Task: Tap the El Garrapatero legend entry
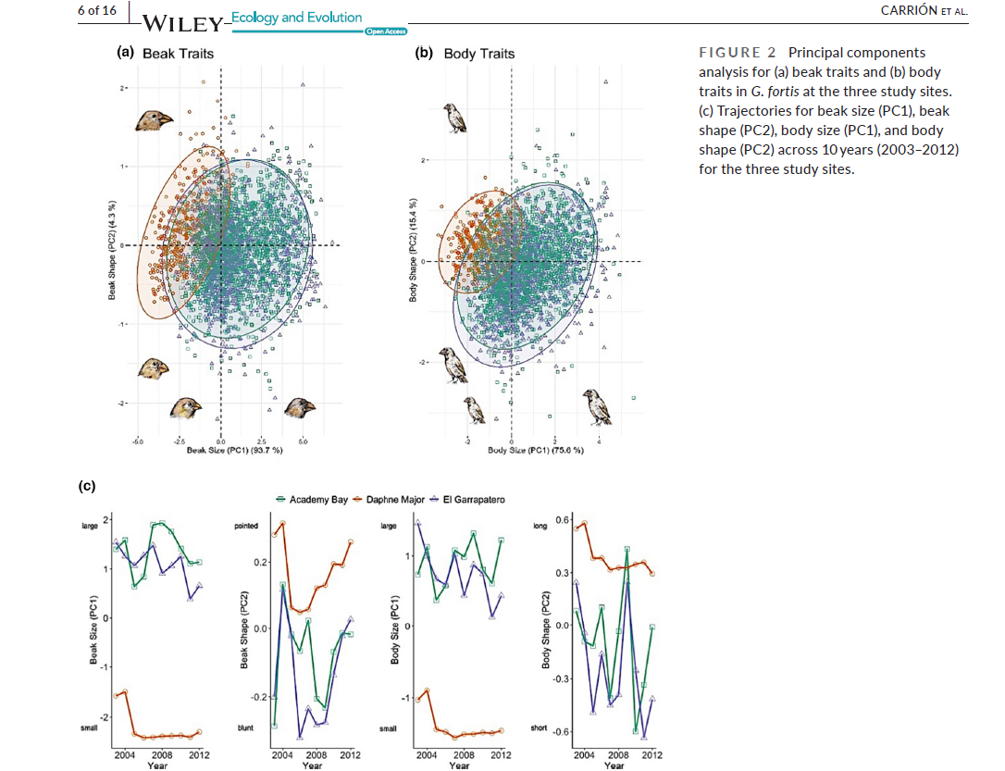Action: (473, 500)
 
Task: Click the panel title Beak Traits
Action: (178, 54)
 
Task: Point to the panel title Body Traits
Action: (478, 54)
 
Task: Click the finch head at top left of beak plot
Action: (154, 119)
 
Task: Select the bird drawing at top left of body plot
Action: (453, 118)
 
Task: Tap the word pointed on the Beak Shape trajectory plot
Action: (247, 525)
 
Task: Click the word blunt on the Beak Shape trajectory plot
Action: (246, 728)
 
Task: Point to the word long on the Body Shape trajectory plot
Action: (540, 525)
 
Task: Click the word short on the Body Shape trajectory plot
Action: (540, 728)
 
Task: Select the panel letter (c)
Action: (86, 485)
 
